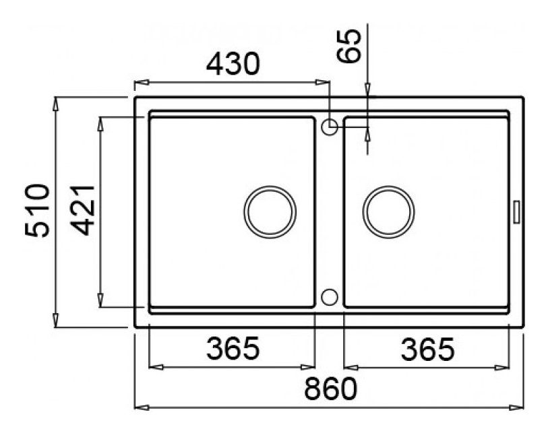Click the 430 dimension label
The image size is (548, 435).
[233, 64]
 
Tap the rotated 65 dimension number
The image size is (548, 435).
[348, 46]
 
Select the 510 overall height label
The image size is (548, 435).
[37, 211]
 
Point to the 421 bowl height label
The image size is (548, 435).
[83, 211]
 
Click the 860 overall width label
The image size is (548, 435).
[330, 389]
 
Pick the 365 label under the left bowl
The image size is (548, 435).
[233, 348]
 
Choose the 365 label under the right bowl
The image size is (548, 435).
[427, 349]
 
